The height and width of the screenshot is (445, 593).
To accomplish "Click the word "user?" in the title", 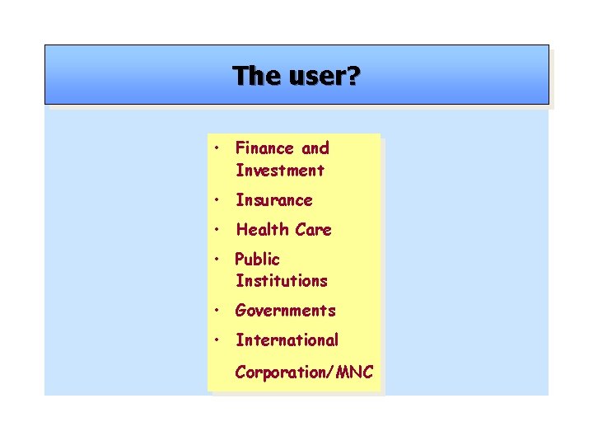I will pos(319,76).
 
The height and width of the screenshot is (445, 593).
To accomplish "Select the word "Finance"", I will pos(264,148).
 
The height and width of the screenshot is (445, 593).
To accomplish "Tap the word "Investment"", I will pos(280,171).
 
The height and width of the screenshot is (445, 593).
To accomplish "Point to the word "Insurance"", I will pos(274,200).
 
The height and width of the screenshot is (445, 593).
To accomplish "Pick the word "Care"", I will pos(313,230).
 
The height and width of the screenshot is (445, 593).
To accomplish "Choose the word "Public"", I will pos(258,260).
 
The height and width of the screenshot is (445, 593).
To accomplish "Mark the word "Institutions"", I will pos(282,281).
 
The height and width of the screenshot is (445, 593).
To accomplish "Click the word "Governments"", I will pos(286,311).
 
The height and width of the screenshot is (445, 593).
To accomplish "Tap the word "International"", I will pos(287,340).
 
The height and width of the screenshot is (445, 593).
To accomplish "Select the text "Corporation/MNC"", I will pos(304,372).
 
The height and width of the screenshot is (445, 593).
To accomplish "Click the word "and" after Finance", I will pos(315,148).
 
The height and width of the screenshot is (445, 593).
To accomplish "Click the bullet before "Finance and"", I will pos(215,149).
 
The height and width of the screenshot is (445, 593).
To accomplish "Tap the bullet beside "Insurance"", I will pos(215,200).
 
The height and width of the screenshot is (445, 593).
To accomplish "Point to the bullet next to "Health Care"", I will pos(215,230).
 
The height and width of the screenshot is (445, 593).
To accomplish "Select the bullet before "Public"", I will pos(215,260).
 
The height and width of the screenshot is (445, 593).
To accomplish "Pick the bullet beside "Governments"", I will pos(215,311).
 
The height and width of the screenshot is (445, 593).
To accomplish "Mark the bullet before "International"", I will pos(215,340).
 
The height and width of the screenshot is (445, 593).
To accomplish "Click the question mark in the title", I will pos(353,76).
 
